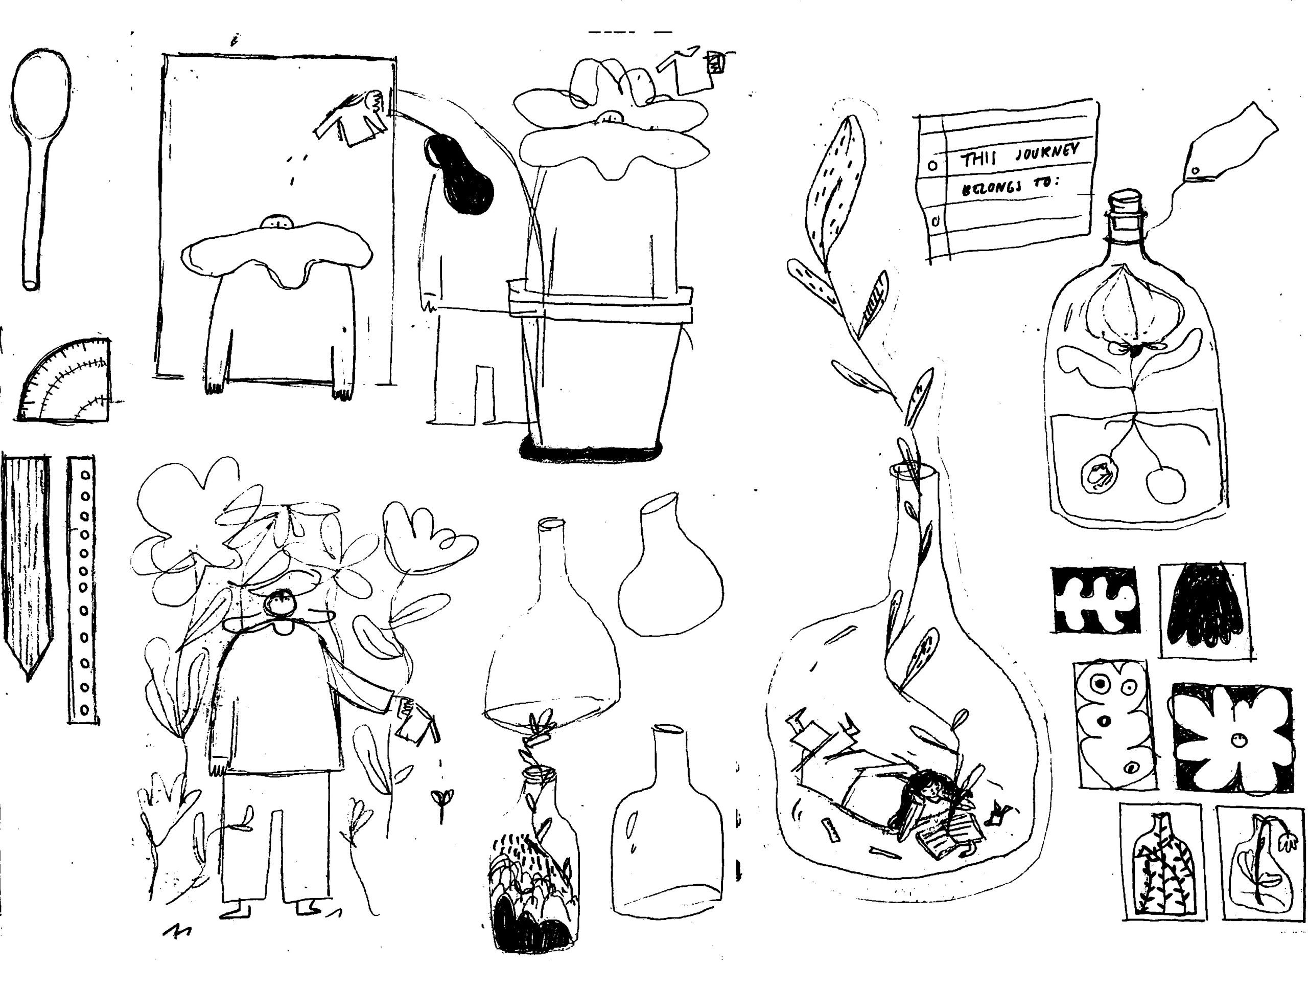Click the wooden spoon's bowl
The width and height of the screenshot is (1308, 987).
(40, 95)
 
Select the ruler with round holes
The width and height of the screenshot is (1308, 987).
(83, 589)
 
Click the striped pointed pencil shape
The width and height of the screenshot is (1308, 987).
(27, 562)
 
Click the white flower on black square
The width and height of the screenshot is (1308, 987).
(1233, 739)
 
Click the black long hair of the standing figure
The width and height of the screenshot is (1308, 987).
(461, 174)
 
